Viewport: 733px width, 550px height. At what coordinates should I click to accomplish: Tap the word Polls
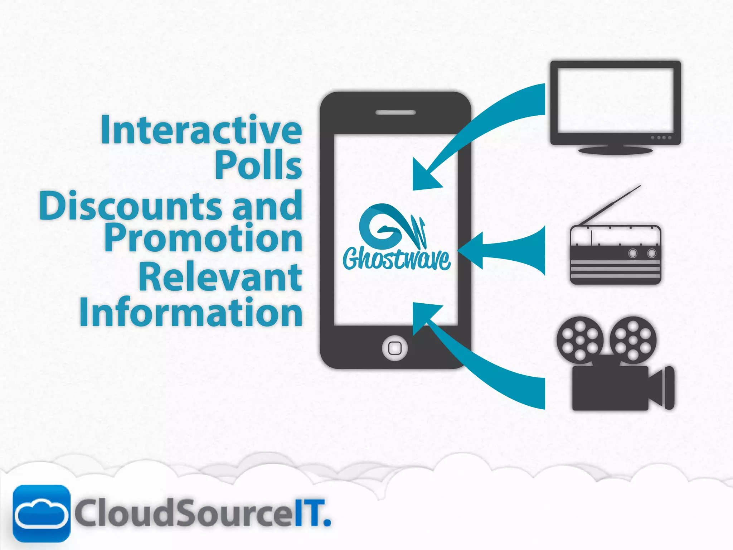click(258, 165)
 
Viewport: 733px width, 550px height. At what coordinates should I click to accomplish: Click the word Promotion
click(203, 238)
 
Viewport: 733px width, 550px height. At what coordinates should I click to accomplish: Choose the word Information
click(191, 313)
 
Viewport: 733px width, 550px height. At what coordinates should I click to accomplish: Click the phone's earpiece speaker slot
click(395, 112)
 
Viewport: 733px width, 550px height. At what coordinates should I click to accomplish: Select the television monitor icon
click(615, 104)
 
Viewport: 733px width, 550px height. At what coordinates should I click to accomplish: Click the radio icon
click(615, 254)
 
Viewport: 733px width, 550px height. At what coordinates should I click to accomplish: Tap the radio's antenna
click(610, 205)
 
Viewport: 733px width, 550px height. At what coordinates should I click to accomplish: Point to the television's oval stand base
click(615, 150)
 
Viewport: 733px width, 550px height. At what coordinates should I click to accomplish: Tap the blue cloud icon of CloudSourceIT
click(41, 513)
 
